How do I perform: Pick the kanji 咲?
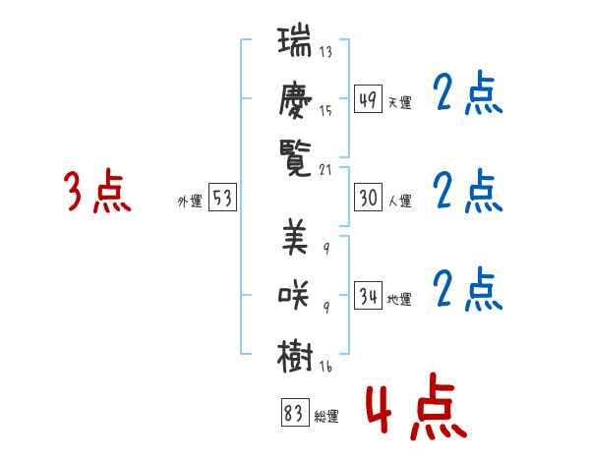(x=295, y=295)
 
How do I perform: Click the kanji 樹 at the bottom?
(x=295, y=351)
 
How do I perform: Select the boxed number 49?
(x=368, y=100)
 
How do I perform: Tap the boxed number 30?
(x=368, y=198)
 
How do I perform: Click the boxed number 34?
(x=368, y=296)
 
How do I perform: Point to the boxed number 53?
(x=222, y=198)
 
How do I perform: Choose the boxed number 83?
(x=292, y=414)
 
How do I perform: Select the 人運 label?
(x=400, y=201)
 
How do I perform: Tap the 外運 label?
(x=190, y=201)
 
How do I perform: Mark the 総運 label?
(x=326, y=416)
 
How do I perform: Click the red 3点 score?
(x=97, y=192)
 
